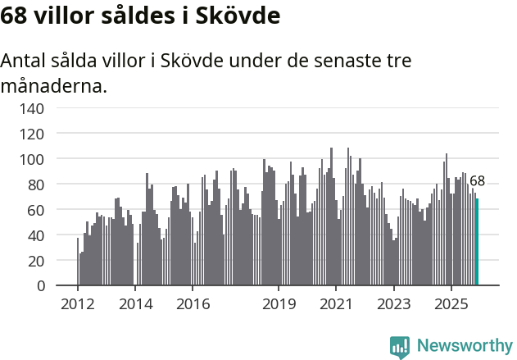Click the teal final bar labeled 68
tap(477, 242)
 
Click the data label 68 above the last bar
tap(477, 181)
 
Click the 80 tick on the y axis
tap(35, 185)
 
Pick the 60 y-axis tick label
tap(35, 210)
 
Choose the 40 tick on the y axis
tap(35, 235)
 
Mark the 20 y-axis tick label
tap(35, 261)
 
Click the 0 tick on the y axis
tap(39, 286)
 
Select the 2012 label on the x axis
tap(78, 304)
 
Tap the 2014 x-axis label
tap(135, 304)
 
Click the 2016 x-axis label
tap(193, 304)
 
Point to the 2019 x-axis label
tap(279, 304)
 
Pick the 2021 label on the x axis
tap(336, 304)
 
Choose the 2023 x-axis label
tap(393, 304)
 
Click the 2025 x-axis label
tap(451, 304)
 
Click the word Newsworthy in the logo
tap(464, 346)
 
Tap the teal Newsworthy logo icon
tap(400, 347)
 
